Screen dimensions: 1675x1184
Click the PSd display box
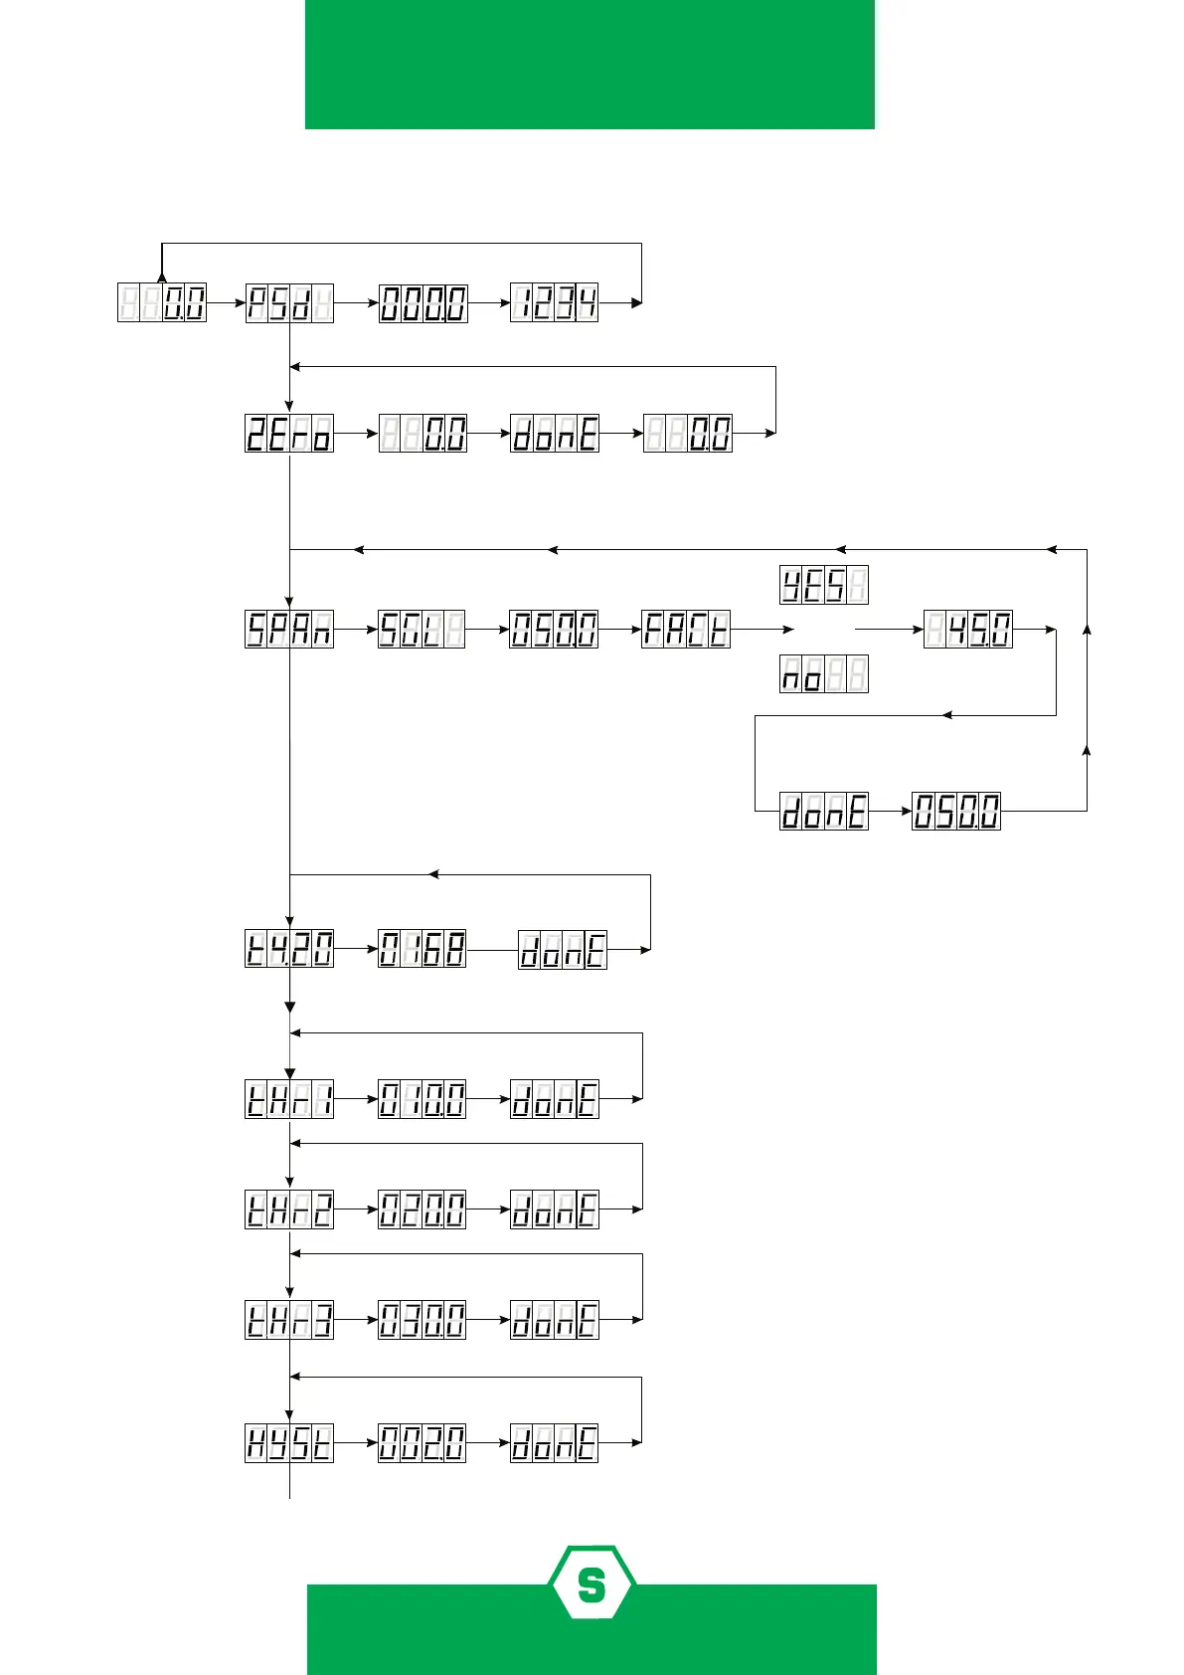click(289, 302)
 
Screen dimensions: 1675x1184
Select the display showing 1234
click(554, 302)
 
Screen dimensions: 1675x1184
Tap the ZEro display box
click(289, 434)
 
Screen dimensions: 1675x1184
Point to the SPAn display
click(289, 630)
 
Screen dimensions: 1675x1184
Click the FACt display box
click(686, 630)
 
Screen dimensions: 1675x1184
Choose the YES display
click(823, 585)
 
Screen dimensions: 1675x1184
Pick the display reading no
click(823, 674)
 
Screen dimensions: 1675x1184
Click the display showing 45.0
click(968, 630)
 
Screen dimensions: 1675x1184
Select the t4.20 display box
click(289, 949)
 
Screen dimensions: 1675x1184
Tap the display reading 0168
click(422, 949)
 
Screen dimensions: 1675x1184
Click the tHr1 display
click(289, 1099)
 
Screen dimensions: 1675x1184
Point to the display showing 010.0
click(422, 1099)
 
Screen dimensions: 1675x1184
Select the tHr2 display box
click(289, 1210)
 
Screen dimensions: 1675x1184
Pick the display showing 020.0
click(422, 1210)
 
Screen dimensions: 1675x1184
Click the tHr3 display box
click(289, 1320)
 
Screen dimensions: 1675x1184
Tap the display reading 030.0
click(422, 1320)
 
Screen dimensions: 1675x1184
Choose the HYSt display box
click(289, 1443)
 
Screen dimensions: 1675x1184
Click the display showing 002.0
click(422, 1443)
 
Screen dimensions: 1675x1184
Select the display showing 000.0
click(422, 302)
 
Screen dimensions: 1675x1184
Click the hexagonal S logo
click(592, 1582)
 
